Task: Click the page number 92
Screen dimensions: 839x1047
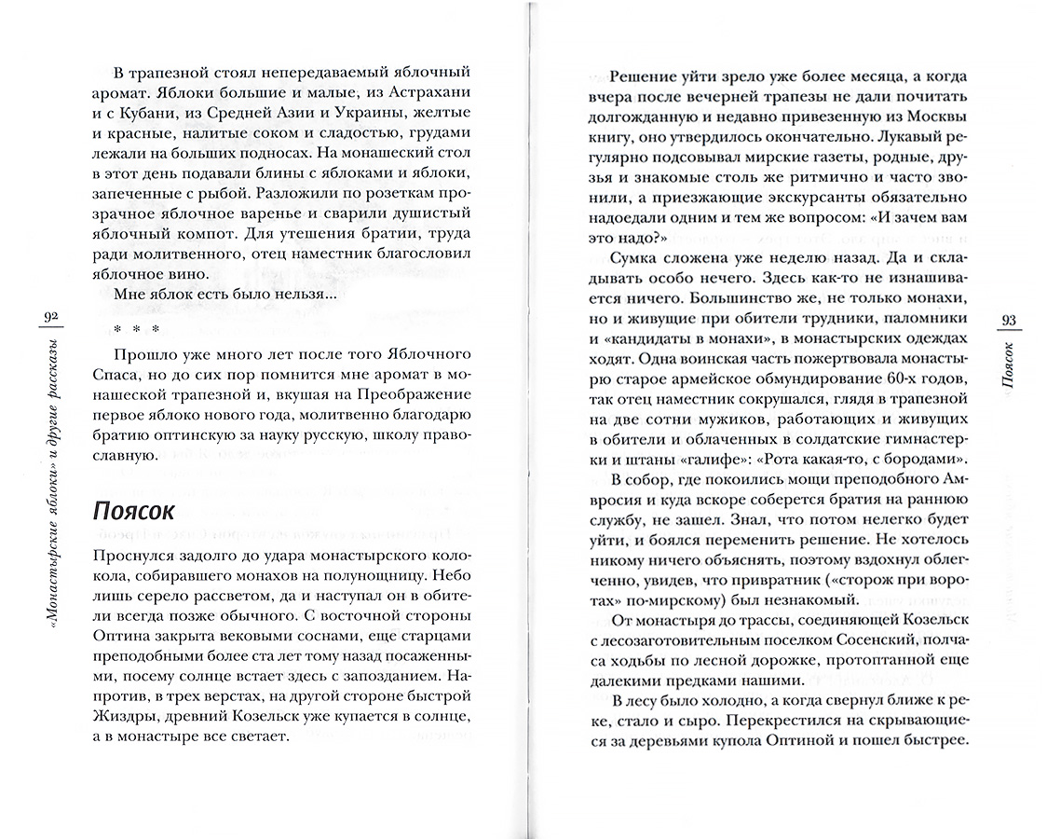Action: [50, 319]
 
